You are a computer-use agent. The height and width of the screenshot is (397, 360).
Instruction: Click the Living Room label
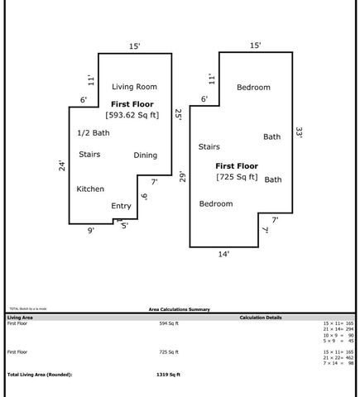coord(134,86)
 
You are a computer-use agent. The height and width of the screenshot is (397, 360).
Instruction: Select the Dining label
coord(145,155)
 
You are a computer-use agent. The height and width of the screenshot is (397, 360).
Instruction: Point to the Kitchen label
coord(90,189)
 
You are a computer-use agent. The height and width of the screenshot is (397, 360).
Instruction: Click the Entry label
coord(121,206)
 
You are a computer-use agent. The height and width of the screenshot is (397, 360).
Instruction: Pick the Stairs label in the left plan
coord(89,154)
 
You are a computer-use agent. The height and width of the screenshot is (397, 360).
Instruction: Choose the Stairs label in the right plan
coord(209,146)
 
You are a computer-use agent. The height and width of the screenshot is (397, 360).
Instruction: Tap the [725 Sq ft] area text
coord(238,176)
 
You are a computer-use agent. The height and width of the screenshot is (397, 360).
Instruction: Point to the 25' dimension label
coord(177,115)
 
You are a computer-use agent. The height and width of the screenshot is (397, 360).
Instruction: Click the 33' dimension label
coord(299,132)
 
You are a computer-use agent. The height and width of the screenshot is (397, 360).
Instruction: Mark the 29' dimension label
coord(182,176)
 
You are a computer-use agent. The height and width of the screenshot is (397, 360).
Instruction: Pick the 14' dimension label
coord(223,254)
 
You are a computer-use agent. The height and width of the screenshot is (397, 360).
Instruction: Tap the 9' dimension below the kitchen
coord(91,231)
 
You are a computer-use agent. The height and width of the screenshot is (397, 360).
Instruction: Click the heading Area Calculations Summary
coord(180,309)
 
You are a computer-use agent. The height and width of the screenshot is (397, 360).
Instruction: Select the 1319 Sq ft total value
coord(168,375)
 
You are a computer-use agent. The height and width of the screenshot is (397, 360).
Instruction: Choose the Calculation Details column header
coord(261,317)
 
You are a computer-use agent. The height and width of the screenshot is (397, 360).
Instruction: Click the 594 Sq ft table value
coord(169,323)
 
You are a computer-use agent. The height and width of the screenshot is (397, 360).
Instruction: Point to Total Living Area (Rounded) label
coord(40,375)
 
